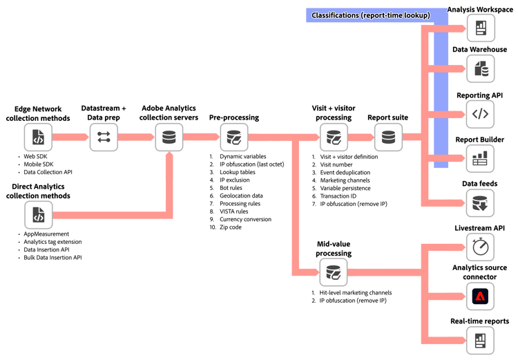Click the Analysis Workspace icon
[x=481, y=28]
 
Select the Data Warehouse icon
[x=481, y=69]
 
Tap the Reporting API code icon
[x=480, y=114]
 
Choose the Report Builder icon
[x=480, y=158]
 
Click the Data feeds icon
[x=480, y=202]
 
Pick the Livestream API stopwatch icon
[x=480, y=247]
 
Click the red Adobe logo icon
[x=480, y=296]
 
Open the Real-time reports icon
[x=480, y=341]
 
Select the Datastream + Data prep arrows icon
[x=104, y=137]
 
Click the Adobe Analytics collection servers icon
[x=169, y=137]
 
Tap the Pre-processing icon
[x=234, y=137]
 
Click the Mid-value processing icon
[x=334, y=272]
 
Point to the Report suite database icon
[x=388, y=137]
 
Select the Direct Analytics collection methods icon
[x=38, y=215]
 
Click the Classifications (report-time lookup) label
[x=371, y=15]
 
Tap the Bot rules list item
[x=231, y=188]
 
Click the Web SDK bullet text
[x=35, y=156]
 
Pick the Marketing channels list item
[x=345, y=180]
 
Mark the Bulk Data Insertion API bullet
[x=52, y=258]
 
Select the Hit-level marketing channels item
[x=356, y=292]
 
